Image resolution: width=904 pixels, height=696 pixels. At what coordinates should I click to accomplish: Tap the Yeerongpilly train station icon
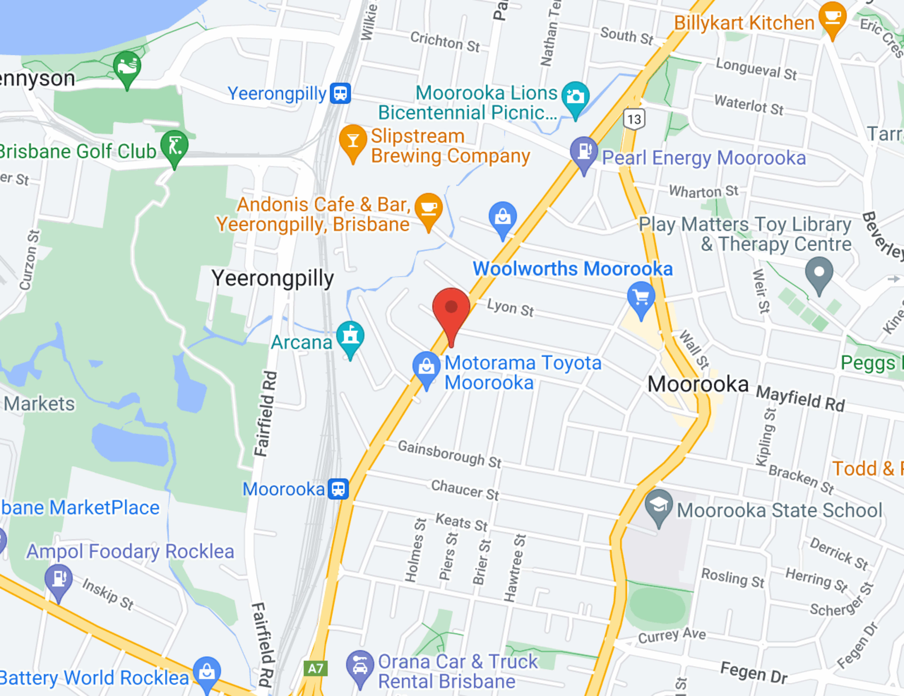coord(340,93)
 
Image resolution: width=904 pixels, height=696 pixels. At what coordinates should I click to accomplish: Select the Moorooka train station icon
coord(338,489)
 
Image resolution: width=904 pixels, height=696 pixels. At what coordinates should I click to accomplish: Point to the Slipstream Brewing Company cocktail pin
coord(353,141)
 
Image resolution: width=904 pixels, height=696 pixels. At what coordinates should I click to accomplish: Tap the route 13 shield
coord(634,119)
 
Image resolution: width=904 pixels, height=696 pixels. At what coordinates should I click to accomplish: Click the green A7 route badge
coord(315,668)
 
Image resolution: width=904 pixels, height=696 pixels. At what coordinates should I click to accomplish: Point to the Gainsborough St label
coord(449,454)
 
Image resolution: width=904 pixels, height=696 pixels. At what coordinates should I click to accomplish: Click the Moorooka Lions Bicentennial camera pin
coord(575,97)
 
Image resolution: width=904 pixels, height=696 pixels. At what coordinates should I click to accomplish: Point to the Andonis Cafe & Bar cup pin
coord(428,208)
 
